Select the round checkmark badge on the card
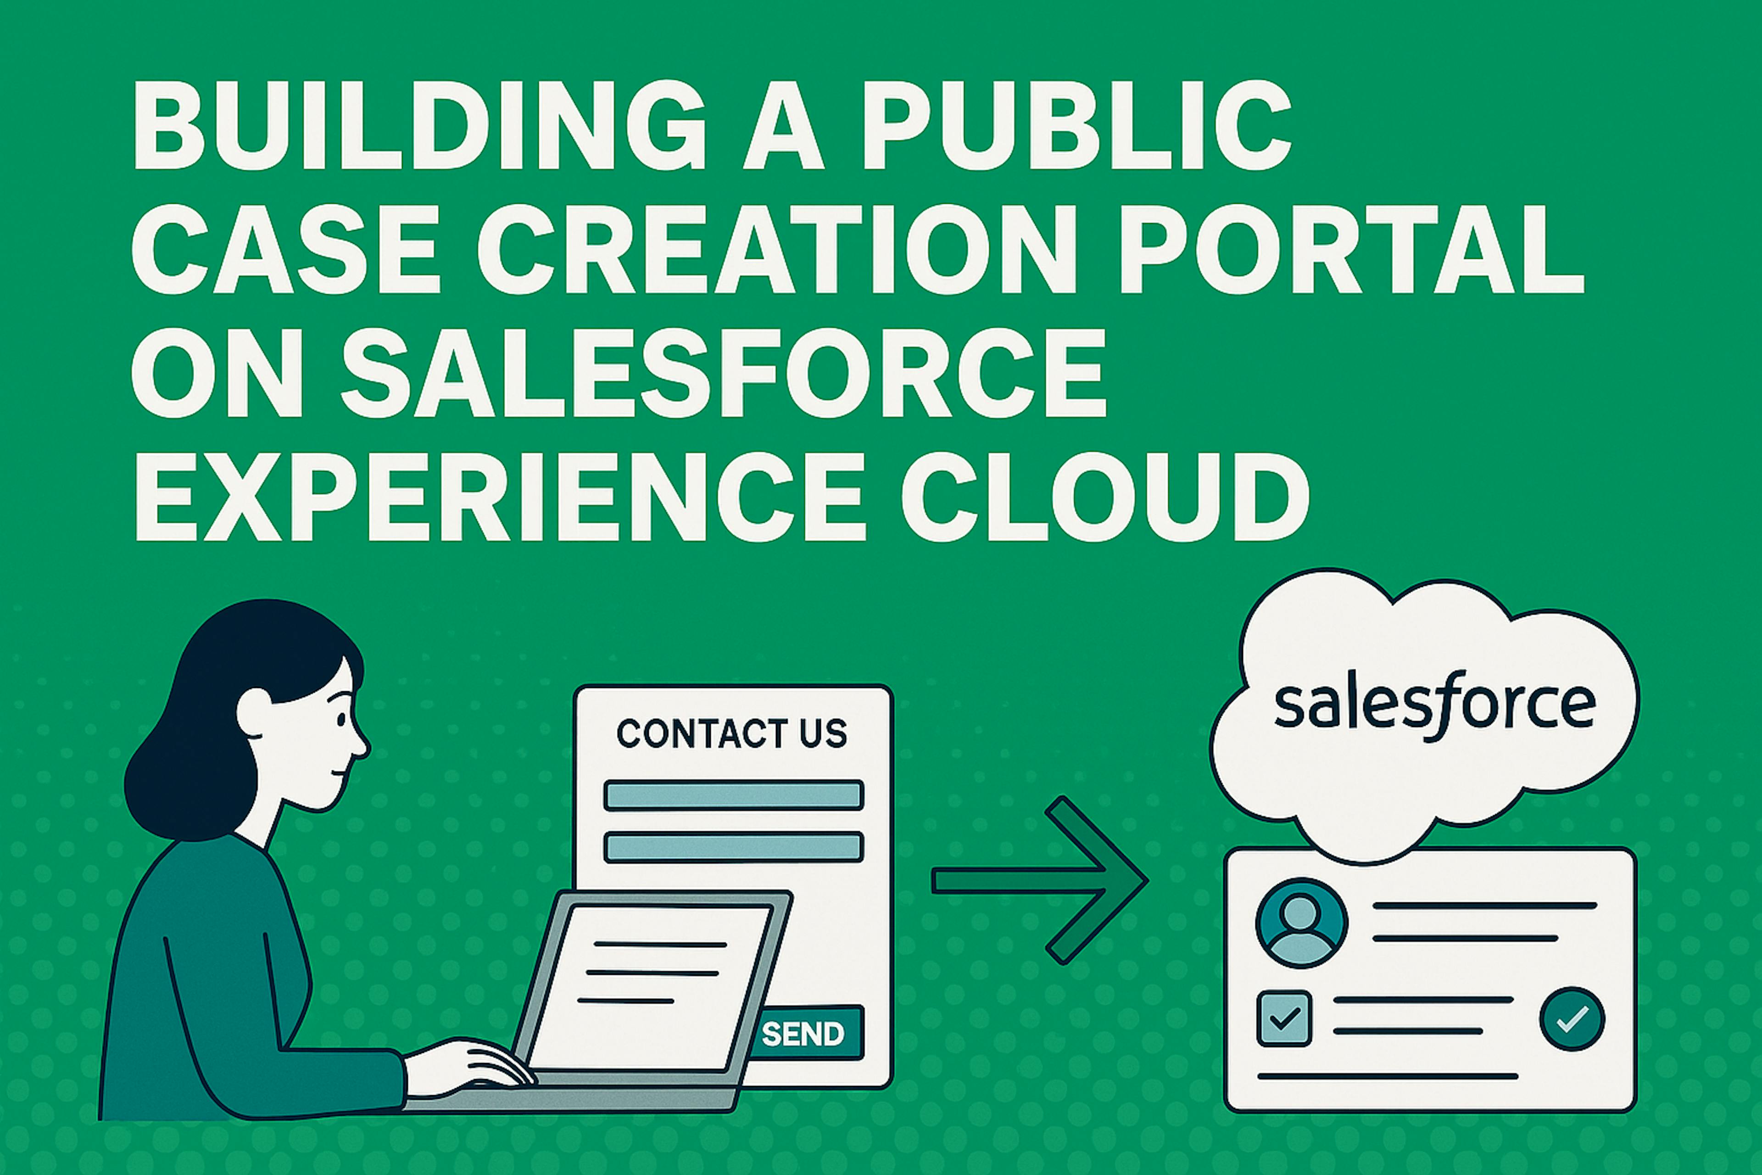tap(1572, 1018)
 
